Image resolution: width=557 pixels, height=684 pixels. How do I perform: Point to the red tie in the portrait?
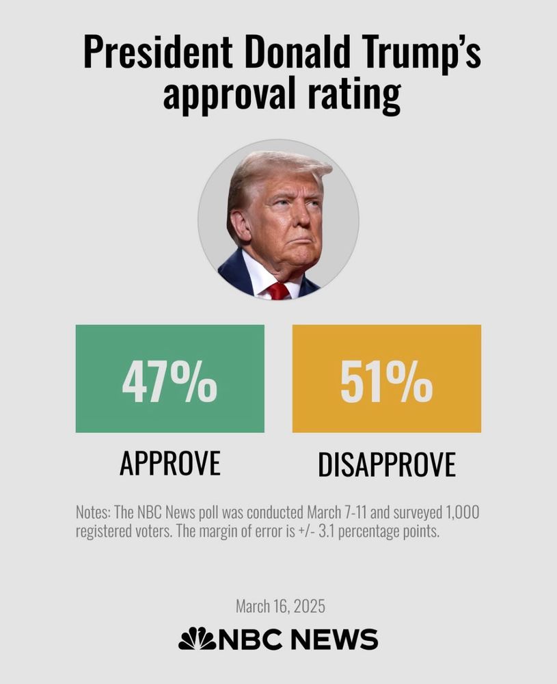coord(277,290)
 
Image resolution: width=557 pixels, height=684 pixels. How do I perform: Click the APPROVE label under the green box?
coord(169,464)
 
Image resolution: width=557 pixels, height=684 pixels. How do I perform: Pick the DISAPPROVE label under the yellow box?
coord(386,464)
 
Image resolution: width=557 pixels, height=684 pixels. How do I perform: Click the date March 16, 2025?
coord(280,606)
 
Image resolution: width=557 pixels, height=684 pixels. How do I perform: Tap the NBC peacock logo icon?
coord(196,639)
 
